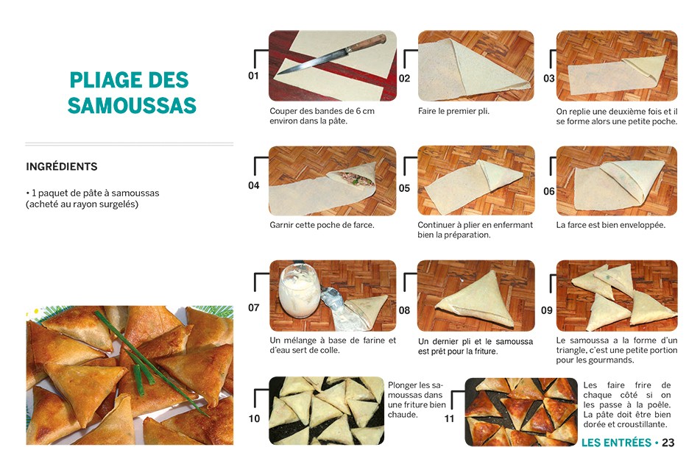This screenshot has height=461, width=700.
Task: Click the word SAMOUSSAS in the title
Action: tap(132, 106)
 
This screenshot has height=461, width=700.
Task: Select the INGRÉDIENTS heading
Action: tap(61, 167)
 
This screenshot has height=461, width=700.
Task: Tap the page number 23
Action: tap(668, 443)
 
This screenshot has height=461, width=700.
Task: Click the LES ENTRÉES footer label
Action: tap(616, 443)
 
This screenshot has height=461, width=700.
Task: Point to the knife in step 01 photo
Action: tap(331, 55)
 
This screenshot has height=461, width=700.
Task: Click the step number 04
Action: tap(253, 185)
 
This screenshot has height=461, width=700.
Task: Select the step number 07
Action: tap(253, 307)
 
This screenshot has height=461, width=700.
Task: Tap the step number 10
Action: tap(254, 419)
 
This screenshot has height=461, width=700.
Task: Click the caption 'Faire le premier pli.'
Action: tap(453, 112)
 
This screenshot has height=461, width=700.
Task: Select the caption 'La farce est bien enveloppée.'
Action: tap(610, 225)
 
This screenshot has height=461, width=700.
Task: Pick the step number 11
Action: tap(449, 419)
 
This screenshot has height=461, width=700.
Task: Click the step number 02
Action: tap(404, 79)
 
